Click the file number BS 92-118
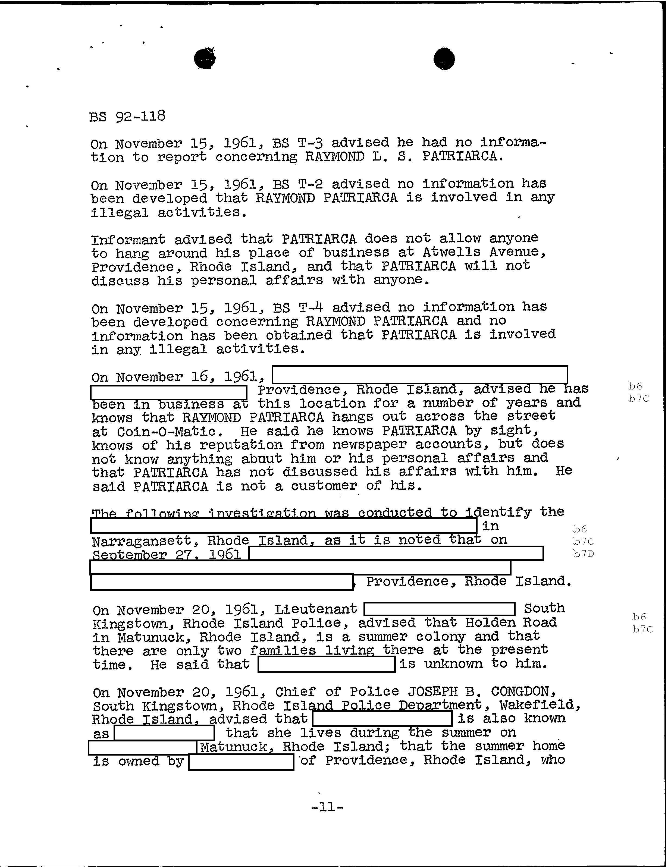tap(127, 117)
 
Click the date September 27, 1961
tap(167, 555)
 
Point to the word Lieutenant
tap(316, 609)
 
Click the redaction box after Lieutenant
tap(439, 609)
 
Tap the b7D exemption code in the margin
tap(583, 553)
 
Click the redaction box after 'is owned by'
tap(241, 762)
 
